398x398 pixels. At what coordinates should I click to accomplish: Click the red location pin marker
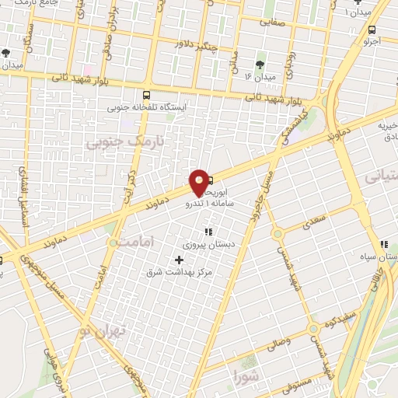(200, 183)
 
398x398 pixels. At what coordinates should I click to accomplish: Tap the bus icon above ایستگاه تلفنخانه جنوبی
(147, 95)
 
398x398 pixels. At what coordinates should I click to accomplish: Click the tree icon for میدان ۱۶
(260, 65)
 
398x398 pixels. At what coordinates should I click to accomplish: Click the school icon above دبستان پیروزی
(208, 232)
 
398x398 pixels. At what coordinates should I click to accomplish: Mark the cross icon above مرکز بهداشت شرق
(180, 259)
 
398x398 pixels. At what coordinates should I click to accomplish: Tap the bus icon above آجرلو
(372, 31)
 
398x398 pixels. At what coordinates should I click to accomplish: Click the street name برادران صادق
(111, 31)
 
